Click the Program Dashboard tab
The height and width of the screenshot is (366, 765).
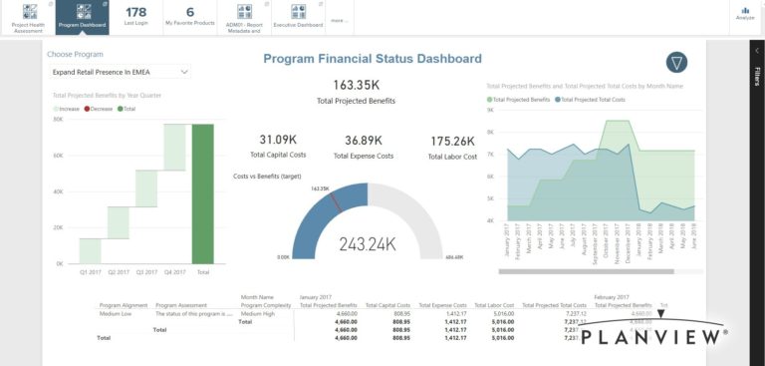coord(82,16)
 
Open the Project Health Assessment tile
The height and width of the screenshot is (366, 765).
coord(27,16)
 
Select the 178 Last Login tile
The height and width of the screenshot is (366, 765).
coord(136,16)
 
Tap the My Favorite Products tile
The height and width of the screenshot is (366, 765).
coord(190,16)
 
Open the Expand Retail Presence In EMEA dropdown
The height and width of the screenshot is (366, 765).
coord(121,72)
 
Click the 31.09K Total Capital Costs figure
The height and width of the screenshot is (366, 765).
coord(278,140)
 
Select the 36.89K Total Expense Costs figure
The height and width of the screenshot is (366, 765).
coord(364,140)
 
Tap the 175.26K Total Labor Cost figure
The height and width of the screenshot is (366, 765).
coord(452,141)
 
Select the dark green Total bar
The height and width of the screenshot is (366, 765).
coord(203,193)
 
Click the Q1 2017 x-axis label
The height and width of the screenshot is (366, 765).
coord(90,271)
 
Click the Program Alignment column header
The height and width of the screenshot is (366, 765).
coord(124,305)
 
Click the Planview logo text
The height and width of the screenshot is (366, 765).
coord(652,338)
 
